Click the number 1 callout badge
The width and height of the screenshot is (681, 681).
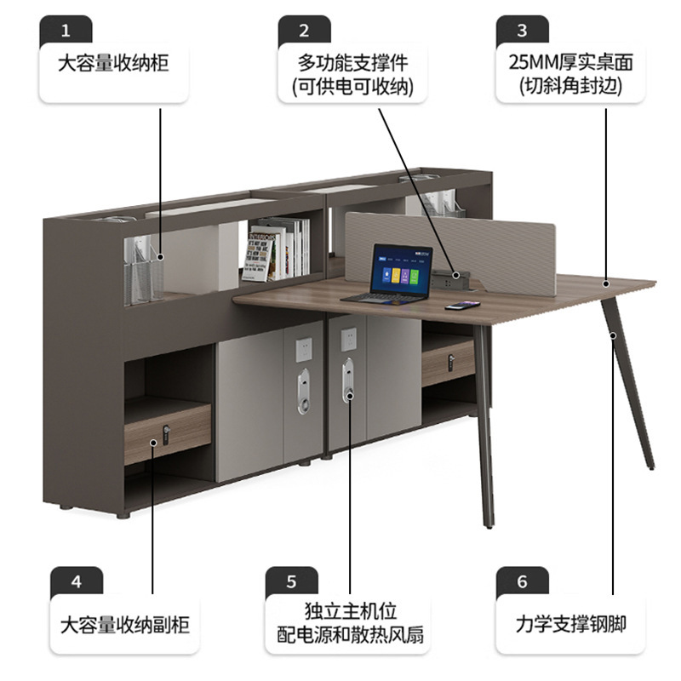(x=66, y=31)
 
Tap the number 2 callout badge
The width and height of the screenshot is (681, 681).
(x=304, y=31)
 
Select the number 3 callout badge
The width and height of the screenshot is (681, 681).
(x=522, y=31)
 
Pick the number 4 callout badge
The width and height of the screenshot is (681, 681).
(x=77, y=582)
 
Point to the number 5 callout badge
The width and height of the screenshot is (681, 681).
(x=291, y=582)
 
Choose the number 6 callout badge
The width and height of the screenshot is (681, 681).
(x=522, y=582)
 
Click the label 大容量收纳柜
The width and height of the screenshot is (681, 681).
(x=113, y=65)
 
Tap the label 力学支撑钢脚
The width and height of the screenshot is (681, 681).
(x=570, y=624)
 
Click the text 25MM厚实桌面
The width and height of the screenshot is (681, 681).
(x=570, y=62)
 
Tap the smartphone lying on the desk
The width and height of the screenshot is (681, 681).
(x=462, y=305)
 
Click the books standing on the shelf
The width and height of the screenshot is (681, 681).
(x=278, y=249)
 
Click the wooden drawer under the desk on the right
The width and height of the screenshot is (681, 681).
(x=448, y=362)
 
